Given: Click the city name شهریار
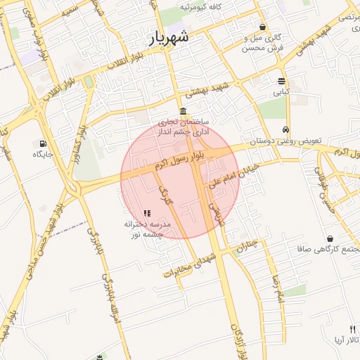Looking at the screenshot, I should pyautogui.click(x=169, y=38).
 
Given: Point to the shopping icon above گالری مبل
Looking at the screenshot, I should pyautogui.click(x=262, y=27).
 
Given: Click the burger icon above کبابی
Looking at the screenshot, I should pyautogui.click(x=281, y=81).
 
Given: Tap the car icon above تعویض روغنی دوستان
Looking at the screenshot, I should pyautogui.click(x=285, y=129).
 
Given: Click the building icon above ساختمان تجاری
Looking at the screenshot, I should pyautogui.click(x=183, y=112).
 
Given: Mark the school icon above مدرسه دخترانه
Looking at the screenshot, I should pyautogui.click(x=147, y=213).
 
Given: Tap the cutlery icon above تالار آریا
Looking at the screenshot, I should pyautogui.click(x=352, y=328).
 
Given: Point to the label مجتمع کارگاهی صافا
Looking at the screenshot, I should pyautogui.click(x=328, y=249).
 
